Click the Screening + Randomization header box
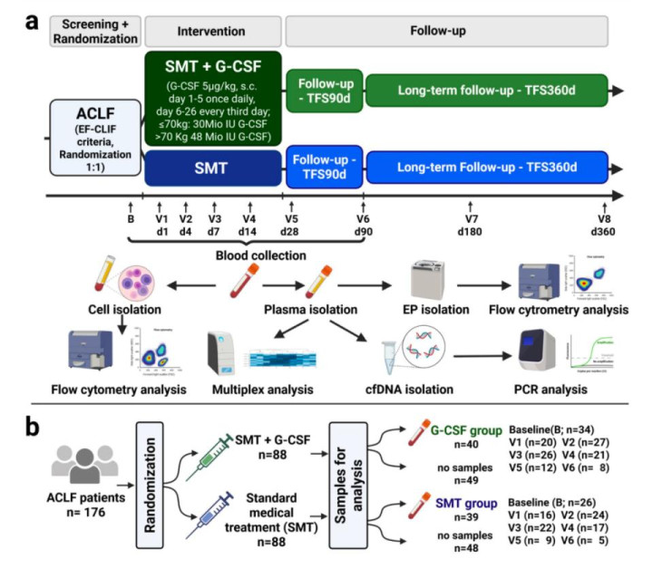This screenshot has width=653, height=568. point(95,32)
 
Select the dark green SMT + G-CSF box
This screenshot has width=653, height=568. point(213,99)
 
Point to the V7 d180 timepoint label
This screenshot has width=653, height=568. point(471,224)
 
